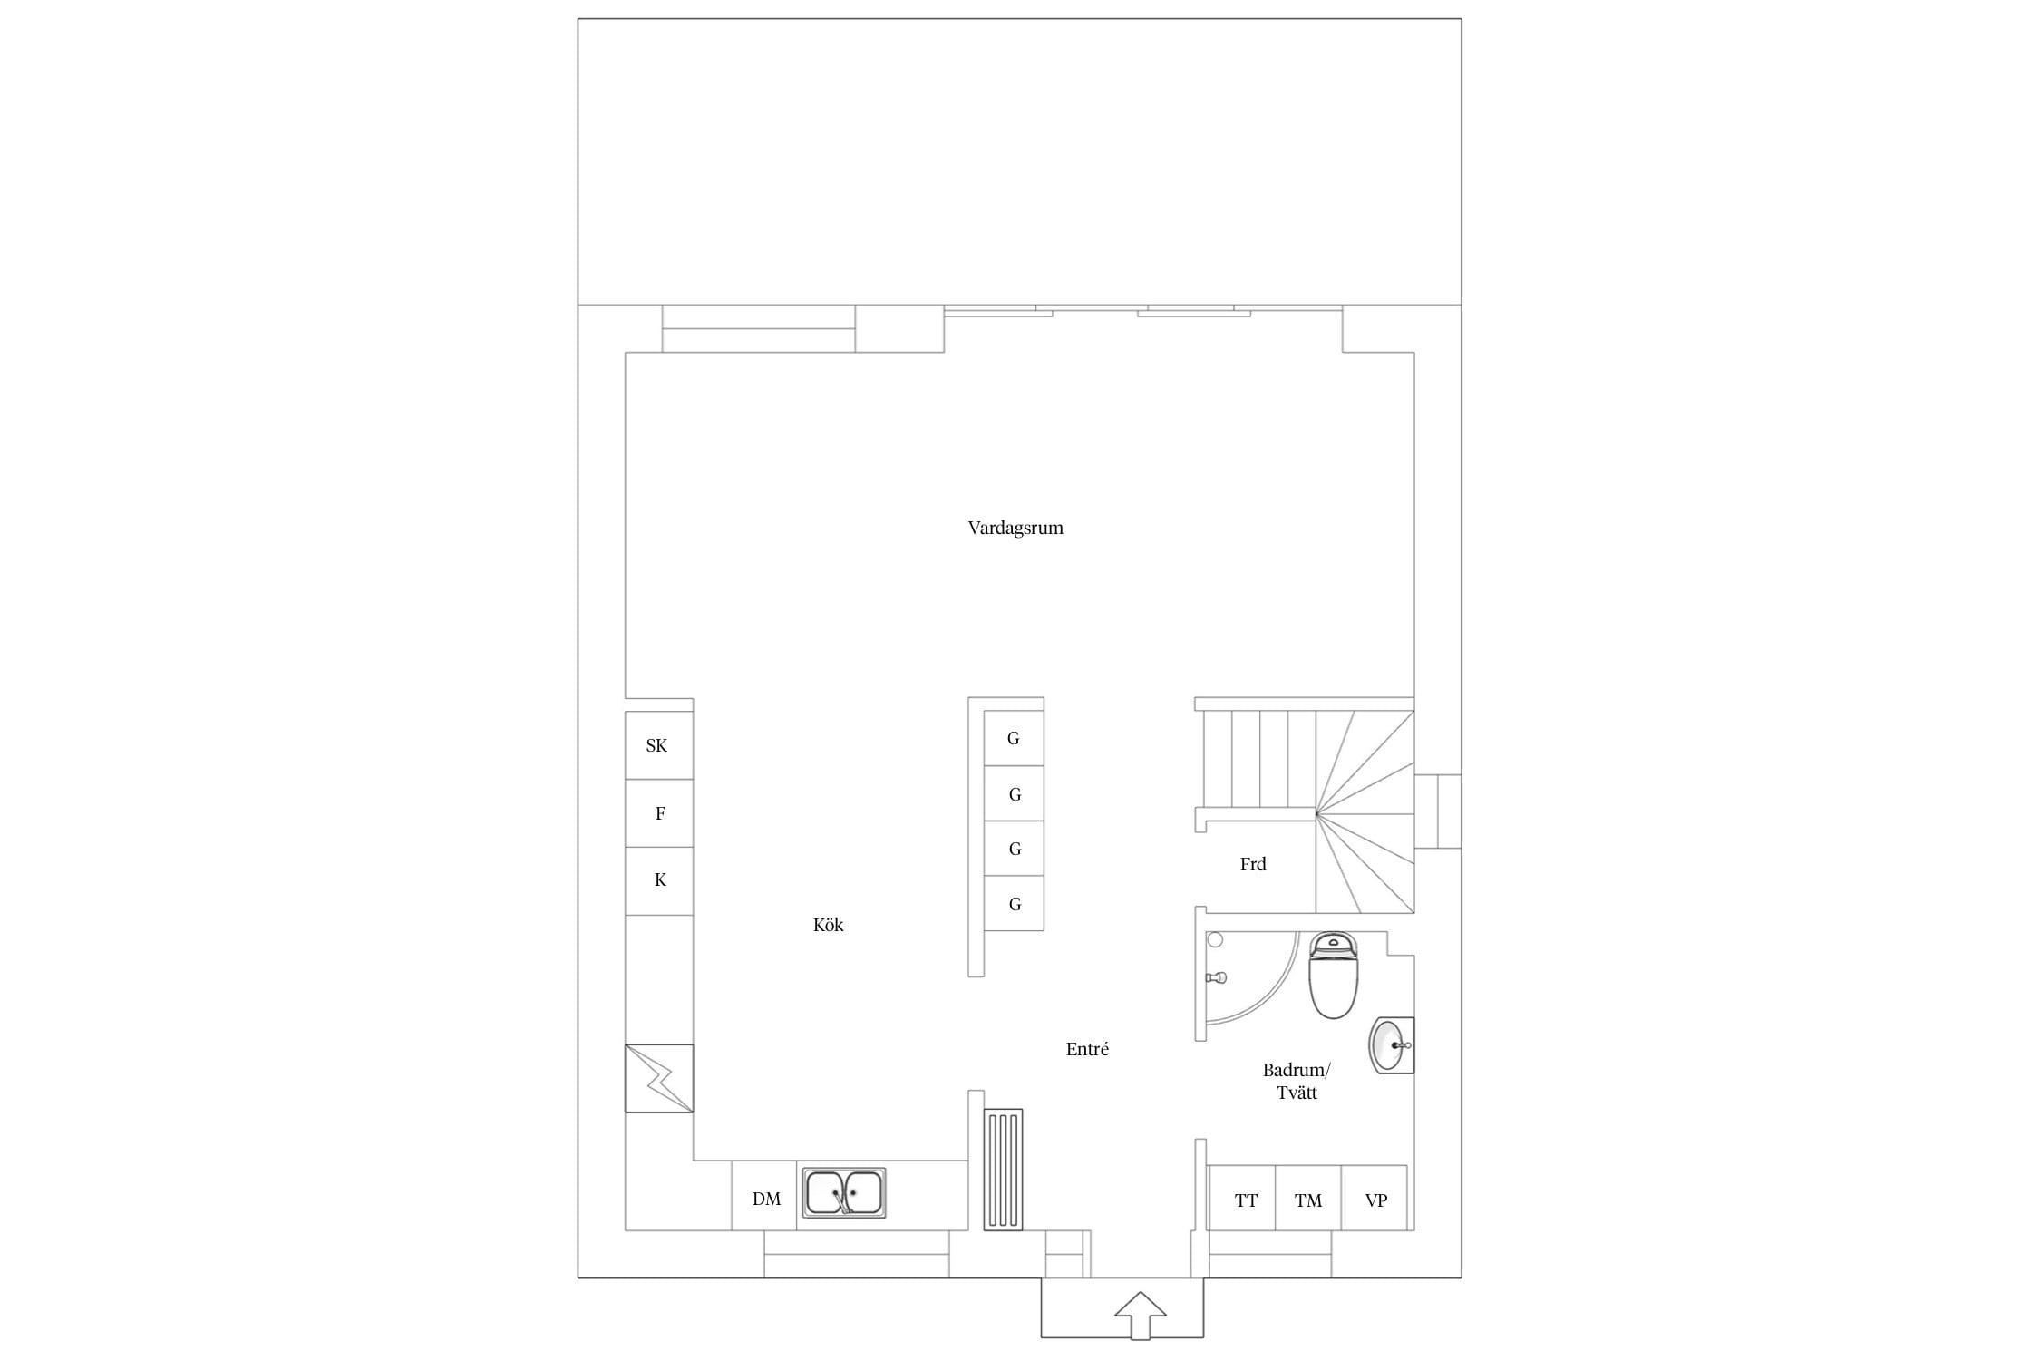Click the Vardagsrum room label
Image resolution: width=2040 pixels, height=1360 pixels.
click(1015, 528)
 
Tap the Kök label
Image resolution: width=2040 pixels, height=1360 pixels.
click(828, 925)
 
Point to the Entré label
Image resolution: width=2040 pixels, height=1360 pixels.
click(1087, 1049)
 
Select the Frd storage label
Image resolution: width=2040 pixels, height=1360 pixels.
click(1253, 864)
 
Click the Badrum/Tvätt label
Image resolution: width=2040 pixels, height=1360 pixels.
click(1297, 1081)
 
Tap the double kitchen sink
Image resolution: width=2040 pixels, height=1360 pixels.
click(844, 1192)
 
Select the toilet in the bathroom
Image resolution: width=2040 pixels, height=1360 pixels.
click(1333, 976)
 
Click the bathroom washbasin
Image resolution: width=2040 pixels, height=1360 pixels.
click(1391, 1045)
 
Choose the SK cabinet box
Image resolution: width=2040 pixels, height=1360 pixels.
click(659, 745)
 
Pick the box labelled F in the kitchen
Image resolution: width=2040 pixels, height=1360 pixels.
click(659, 813)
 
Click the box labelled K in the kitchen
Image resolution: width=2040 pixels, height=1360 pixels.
click(659, 881)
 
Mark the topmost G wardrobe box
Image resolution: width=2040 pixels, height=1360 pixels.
click(1014, 738)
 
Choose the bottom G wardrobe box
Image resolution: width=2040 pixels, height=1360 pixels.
click(1014, 903)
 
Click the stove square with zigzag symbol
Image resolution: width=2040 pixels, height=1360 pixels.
click(659, 1079)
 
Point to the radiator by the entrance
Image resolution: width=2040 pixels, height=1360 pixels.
click(1003, 1170)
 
